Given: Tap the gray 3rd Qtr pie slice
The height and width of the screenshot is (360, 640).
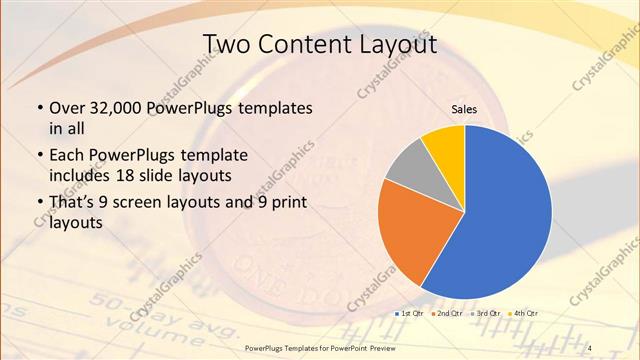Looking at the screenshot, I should [410, 168].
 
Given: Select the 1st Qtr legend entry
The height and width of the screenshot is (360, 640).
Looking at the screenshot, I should [410, 314].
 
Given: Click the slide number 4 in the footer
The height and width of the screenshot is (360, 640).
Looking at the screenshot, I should [591, 347].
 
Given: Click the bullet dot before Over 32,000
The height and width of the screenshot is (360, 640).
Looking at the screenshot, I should [38, 108].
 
